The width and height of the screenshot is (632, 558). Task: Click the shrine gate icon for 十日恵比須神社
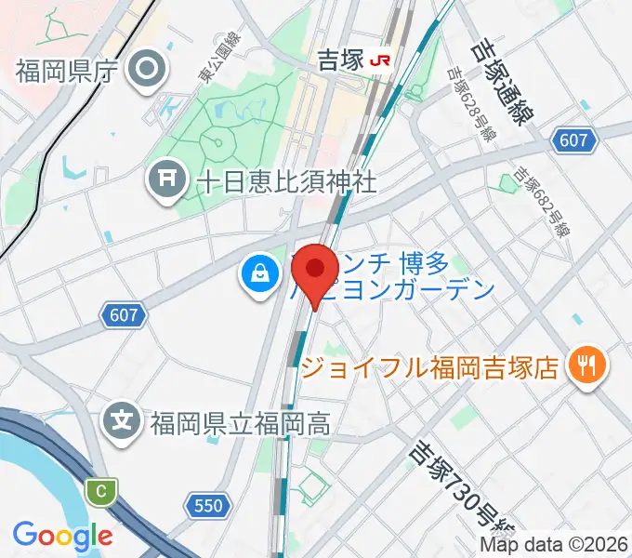click(168, 179)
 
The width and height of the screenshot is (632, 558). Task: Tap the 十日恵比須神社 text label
click(286, 180)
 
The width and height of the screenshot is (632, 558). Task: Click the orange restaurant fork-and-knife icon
click(586, 364)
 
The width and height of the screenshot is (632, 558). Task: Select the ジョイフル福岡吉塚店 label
click(430, 367)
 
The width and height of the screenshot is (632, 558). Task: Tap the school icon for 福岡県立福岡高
click(123, 423)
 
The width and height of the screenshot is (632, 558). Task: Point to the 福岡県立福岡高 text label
click(239, 424)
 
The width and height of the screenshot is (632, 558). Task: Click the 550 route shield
click(208, 506)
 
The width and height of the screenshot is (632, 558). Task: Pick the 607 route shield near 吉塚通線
click(573, 140)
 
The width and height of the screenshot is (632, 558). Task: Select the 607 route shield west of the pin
click(124, 315)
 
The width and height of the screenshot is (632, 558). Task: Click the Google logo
click(62, 535)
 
